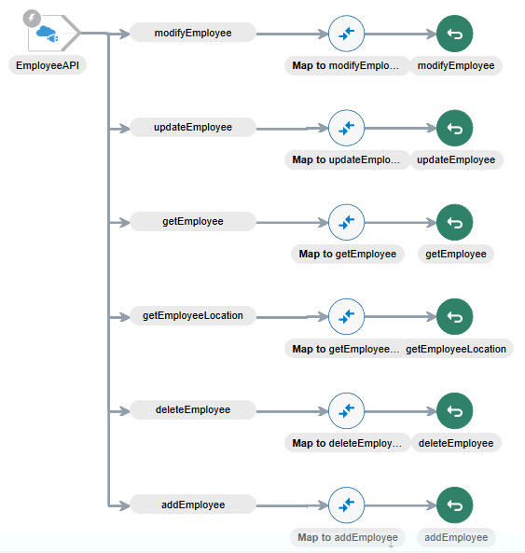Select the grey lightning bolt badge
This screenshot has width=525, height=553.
pos(31,18)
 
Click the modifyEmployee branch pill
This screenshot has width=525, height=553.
pos(192,33)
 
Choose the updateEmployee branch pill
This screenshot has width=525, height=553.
pos(192,127)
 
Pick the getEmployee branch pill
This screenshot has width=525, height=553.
pos(192,221)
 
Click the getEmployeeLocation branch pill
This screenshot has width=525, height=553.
pos(192,315)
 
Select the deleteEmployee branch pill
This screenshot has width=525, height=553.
pos(192,409)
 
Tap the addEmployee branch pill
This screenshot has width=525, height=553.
pos(192,505)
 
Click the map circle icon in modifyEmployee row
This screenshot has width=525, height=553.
pos(346,35)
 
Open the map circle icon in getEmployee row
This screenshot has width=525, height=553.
pos(346,223)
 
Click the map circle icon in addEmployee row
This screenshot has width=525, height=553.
pos(346,505)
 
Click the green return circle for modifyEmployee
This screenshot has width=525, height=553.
pos(455,35)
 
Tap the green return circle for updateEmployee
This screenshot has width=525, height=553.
pos(455,129)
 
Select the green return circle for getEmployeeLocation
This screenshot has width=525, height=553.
pos(455,317)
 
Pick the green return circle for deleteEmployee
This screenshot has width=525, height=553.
pos(455,411)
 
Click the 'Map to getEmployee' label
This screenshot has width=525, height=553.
pos(347,254)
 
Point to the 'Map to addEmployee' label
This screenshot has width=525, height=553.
pos(347,537)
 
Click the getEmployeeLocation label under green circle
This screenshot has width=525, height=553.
pos(456,349)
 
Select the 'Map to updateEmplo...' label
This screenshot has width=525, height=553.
pos(346,159)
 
